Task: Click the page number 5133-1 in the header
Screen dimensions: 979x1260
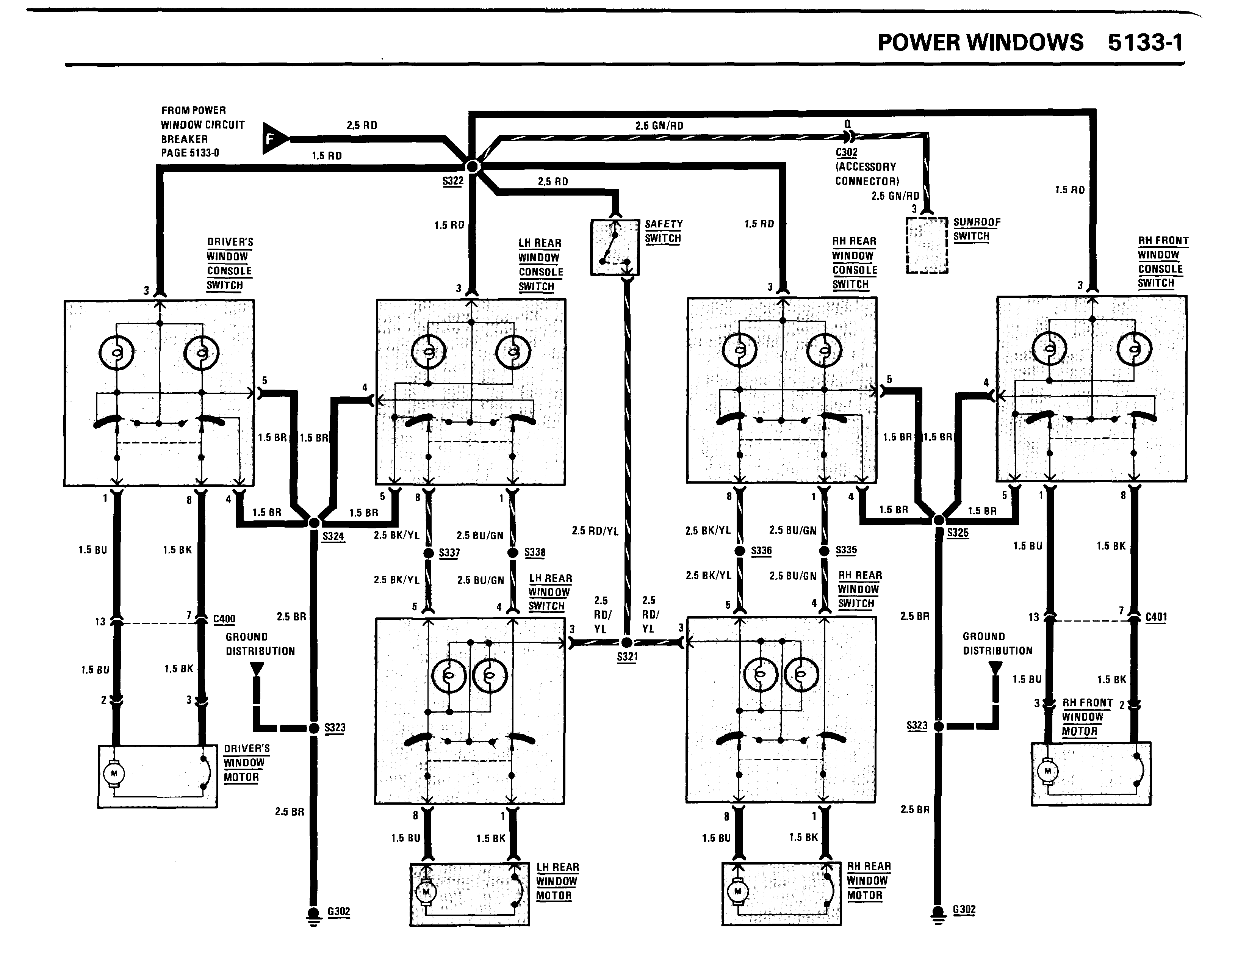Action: tap(1145, 43)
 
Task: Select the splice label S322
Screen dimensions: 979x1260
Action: tap(453, 181)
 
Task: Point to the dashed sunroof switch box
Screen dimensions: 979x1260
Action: tap(927, 245)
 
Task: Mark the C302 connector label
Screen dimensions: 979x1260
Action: tap(846, 152)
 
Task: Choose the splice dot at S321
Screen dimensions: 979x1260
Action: tap(627, 642)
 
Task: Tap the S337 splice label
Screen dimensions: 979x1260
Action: tap(449, 553)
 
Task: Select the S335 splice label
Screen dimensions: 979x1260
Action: tap(846, 550)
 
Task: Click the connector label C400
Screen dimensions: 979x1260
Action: tap(224, 619)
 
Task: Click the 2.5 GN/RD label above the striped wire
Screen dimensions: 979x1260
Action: tap(659, 126)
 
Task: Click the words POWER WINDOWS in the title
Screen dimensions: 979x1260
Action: tap(980, 43)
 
